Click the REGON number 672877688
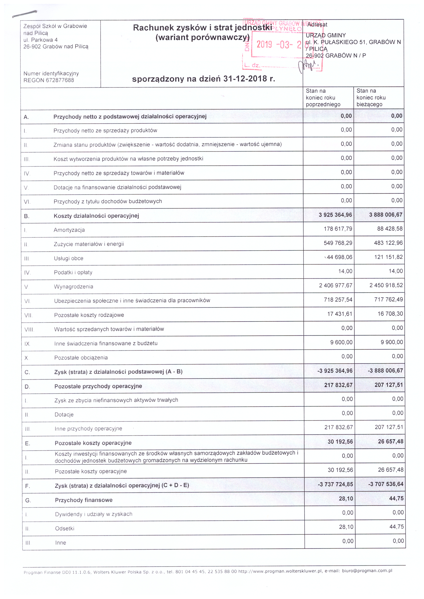point(60,80)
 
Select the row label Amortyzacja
point(69,230)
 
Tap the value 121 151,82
point(388,257)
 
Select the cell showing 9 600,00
point(341,342)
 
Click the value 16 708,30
point(390,314)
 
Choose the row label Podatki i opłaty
point(73,272)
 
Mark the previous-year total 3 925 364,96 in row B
point(335,215)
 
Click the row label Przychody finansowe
point(84,500)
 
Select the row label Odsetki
point(65,529)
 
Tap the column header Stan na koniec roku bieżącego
point(371,98)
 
